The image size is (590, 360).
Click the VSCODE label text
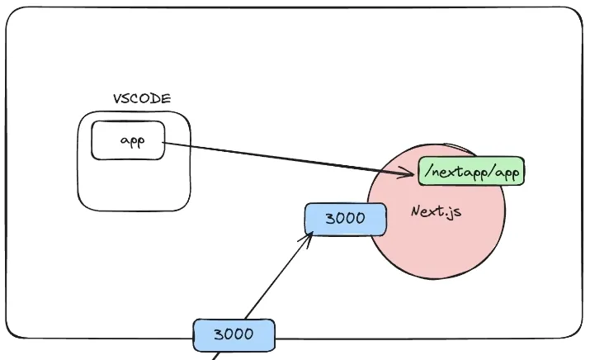142,98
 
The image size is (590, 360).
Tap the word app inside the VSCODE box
132,140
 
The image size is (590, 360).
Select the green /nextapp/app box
471,171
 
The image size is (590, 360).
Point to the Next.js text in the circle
436,211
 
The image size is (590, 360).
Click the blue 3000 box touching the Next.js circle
345,219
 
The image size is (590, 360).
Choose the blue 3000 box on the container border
233,334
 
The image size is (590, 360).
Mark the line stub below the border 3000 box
217,356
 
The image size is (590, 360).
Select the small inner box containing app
128,140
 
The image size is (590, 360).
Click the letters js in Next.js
452,212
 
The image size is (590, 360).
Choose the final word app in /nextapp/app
505,173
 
